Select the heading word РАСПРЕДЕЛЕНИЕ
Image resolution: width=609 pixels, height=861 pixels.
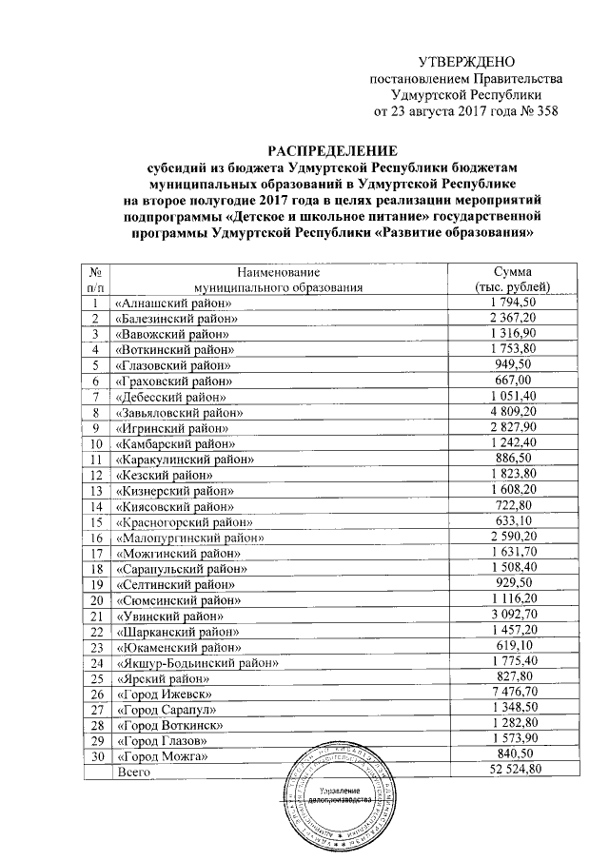[x=330, y=151]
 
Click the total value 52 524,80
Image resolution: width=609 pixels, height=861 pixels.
[x=513, y=771]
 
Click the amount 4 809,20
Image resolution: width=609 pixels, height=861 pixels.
[x=513, y=413]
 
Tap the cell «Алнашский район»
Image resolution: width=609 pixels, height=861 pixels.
[x=172, y=303]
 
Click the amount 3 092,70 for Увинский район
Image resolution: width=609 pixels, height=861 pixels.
[x=513, y=616]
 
